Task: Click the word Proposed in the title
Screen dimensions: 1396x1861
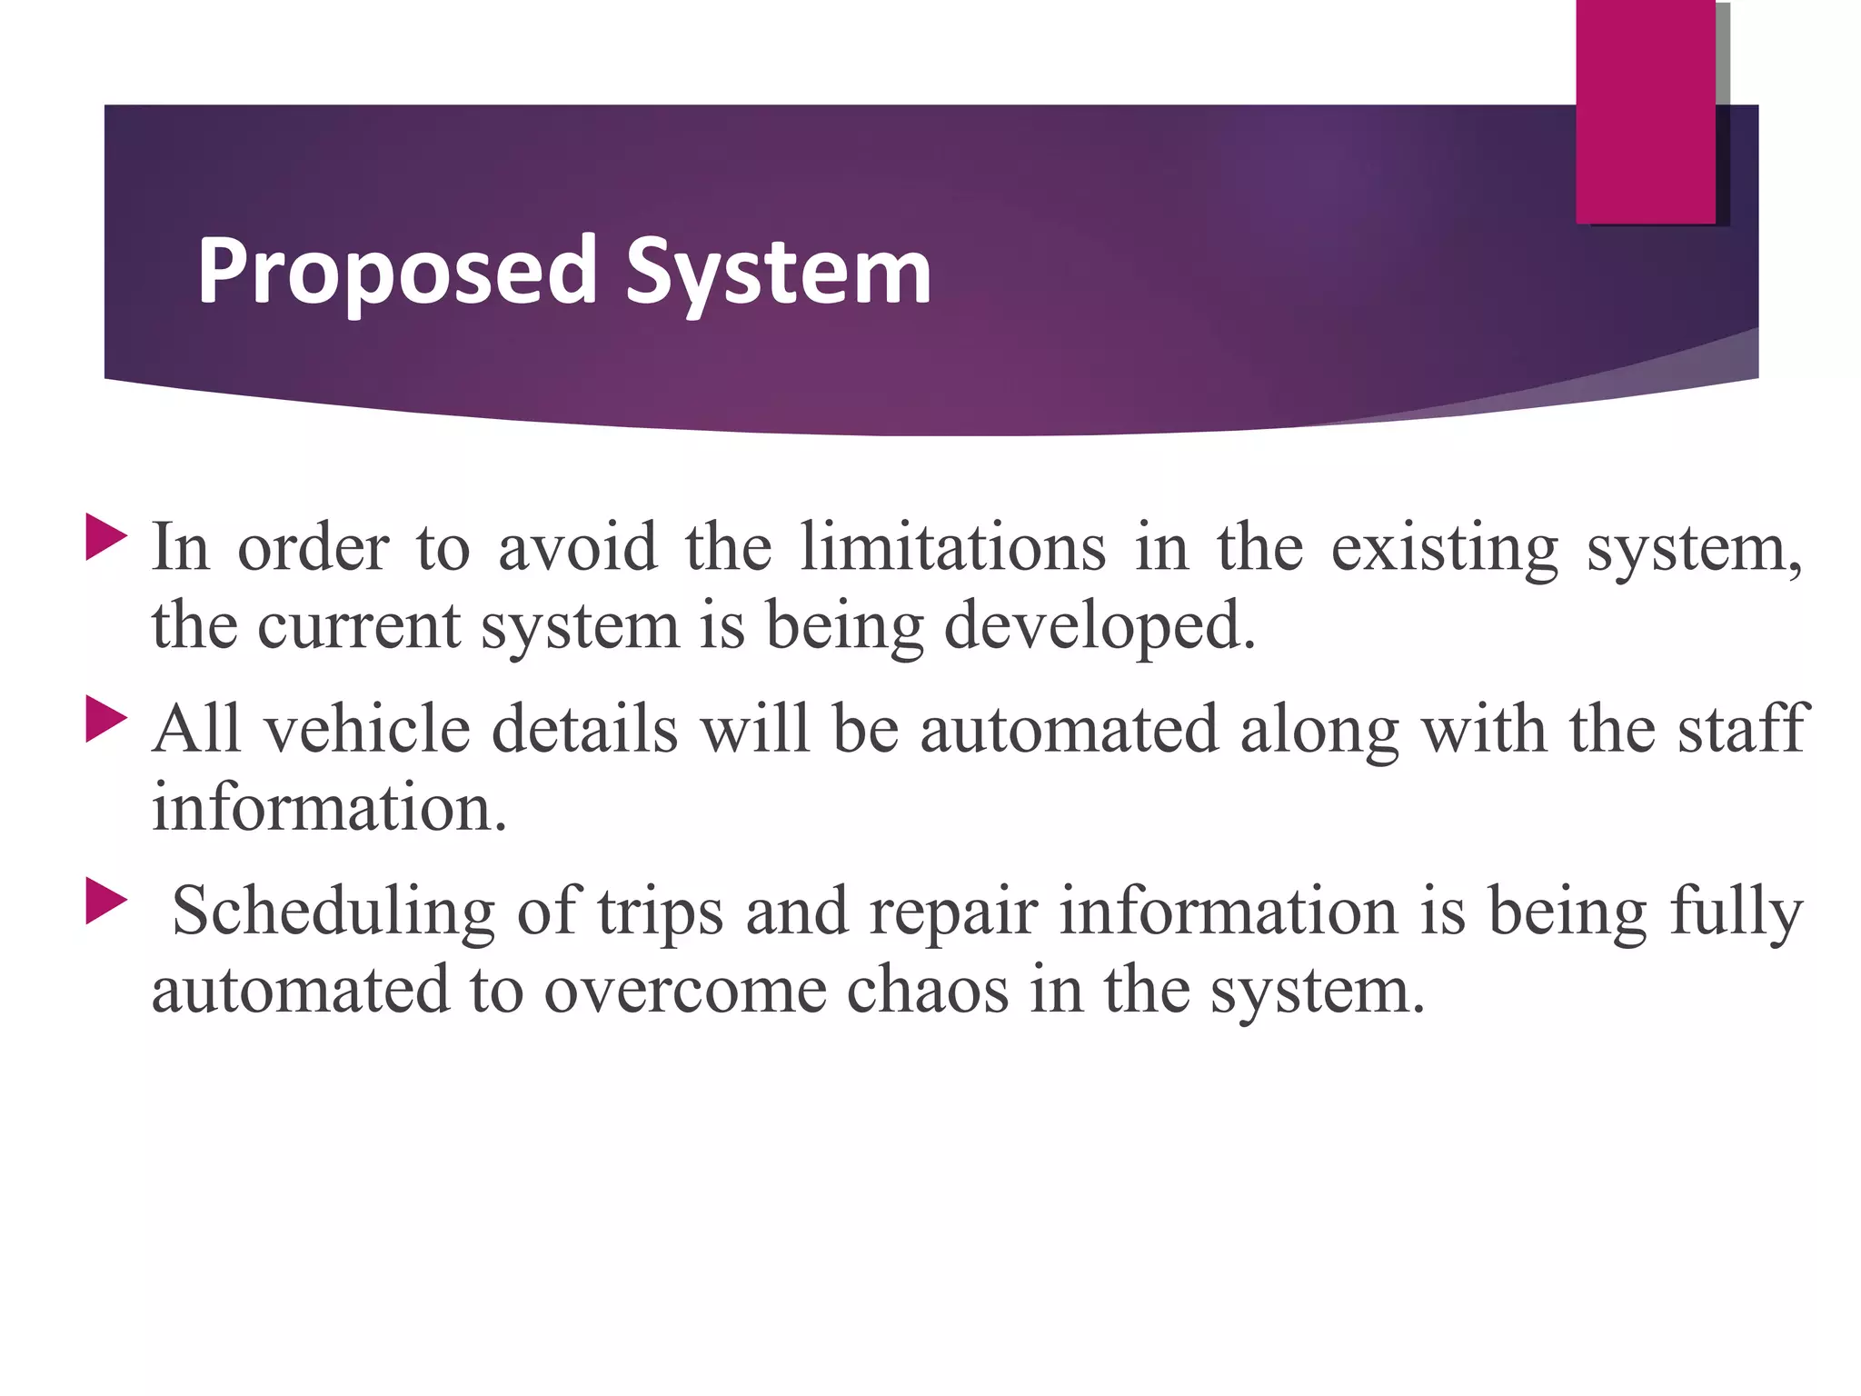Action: point(396,272)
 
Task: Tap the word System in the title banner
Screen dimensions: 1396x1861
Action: point(778,272)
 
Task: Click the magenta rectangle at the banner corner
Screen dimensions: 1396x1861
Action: point(1645,111)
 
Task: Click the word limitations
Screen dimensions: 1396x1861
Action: point(952,547)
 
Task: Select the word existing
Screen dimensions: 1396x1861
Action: point(1445,549)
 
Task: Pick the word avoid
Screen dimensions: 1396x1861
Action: point(577,547)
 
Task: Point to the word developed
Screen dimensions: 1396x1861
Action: point(1100,627)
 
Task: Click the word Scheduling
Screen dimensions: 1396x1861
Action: point(333,912)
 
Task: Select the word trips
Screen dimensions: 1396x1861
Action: point(660,912)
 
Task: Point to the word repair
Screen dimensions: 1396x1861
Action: point(952,912)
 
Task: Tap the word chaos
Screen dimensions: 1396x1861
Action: point(927,991)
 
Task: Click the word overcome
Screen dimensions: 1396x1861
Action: point(685,991)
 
